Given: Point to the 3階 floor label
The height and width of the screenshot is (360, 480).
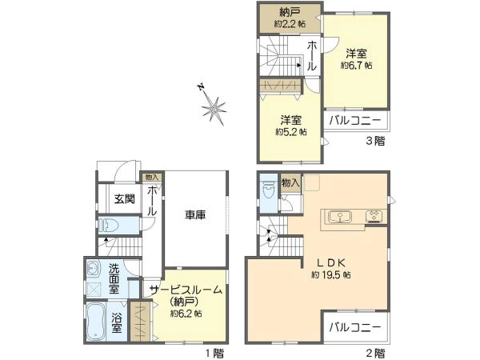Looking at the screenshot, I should (375, 142).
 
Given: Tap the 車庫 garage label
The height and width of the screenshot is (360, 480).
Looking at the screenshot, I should (196, 214).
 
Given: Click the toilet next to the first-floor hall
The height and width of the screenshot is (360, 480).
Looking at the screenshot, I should (111, 226).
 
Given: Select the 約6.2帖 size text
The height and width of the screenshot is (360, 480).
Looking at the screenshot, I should (186, 314).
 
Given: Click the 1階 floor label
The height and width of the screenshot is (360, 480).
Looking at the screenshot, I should (214, 352).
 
